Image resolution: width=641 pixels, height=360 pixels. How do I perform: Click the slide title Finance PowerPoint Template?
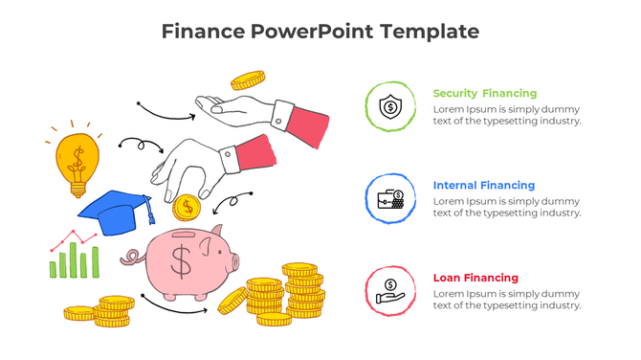320,32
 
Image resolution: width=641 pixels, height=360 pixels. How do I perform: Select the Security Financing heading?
485,94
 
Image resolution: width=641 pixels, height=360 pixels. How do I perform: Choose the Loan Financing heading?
475,278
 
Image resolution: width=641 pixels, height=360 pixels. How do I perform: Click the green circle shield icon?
389,106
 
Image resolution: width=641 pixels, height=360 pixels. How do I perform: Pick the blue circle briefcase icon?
389,199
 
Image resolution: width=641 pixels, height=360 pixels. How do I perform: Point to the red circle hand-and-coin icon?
389,290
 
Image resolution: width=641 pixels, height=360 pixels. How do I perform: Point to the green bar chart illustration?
75,259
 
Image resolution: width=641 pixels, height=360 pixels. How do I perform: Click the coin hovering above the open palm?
247,80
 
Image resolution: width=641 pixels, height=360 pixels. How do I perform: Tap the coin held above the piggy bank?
187,206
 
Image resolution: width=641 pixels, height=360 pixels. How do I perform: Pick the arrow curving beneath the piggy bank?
176,305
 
